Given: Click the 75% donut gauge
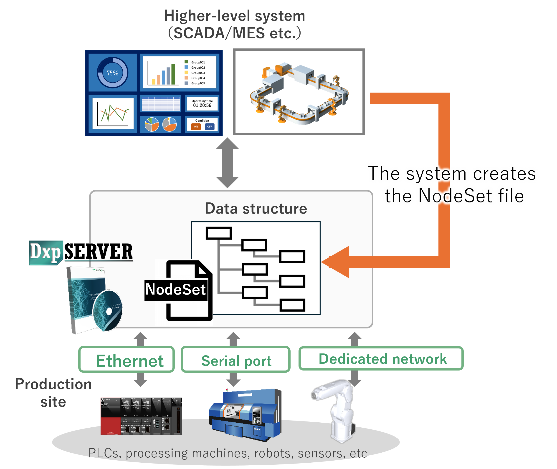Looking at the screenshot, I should tap(113, 73).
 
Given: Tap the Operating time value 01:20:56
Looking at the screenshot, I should tap(202, 105).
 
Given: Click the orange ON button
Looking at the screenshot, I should tap(196, 126).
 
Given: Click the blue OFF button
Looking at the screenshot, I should tap(210, 126).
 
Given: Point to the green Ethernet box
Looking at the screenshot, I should tap(127, 359).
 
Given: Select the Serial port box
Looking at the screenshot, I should tap(236, 359).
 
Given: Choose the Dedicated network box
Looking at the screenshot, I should tap(381, 358).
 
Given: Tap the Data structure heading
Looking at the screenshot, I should tap(256, 208).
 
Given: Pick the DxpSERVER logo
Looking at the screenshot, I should tap(81, 252).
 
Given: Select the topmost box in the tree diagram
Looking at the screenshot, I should tap(219, 233).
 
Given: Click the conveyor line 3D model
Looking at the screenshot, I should tap(299, 92).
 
